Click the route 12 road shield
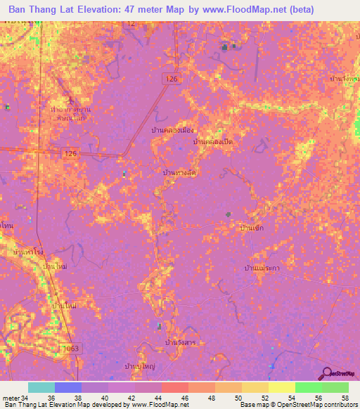[x=130, y=23]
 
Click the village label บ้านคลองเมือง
[x=172, y=131]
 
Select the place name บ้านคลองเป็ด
[x=214, y=142]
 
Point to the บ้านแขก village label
[x=252, y=228]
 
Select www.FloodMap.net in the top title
[x=235, y=10]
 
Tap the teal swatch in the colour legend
[x=41, y=387]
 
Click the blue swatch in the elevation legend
[x=67, y=387]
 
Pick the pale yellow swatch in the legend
[x=281, y=387]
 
